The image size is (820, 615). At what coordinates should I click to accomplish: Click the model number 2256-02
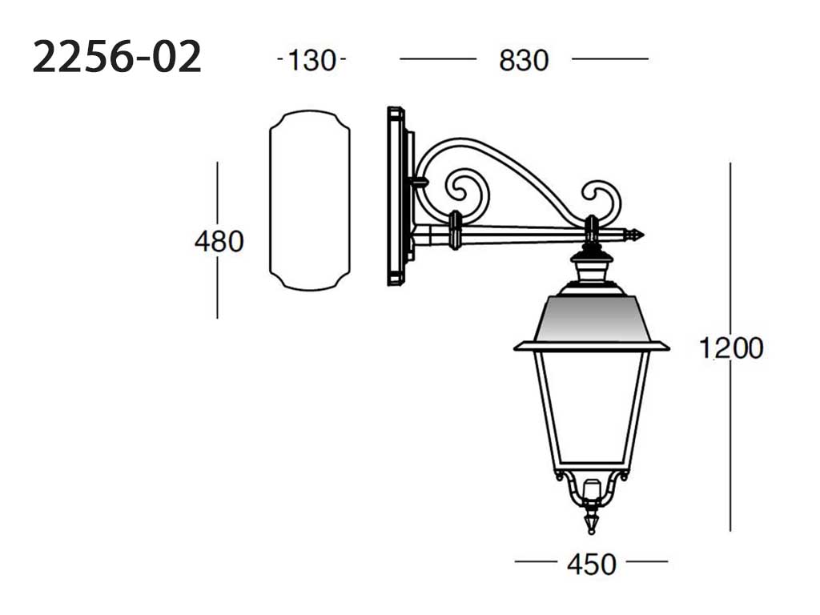coord(117,57)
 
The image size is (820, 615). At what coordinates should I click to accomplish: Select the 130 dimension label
coord(312,60)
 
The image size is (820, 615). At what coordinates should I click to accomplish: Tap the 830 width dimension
coord(524,60)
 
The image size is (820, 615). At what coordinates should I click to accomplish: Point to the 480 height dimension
coord(219,242)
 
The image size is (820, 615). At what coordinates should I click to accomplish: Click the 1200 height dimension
coord(731,348)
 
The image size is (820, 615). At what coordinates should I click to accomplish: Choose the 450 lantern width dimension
coord(592,565)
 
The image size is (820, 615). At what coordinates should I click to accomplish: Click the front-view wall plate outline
coord(270,201)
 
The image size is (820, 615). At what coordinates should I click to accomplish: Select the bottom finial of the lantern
coord(592,521)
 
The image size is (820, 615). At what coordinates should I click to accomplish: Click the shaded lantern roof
coord(592,317)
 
